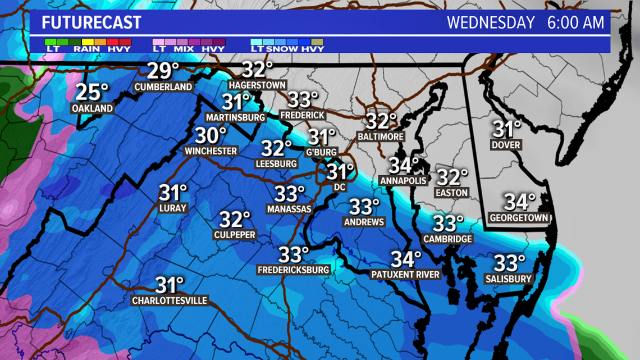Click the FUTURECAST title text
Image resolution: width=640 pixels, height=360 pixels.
pos(91,23)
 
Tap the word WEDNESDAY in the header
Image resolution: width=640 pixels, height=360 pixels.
pos(491,23)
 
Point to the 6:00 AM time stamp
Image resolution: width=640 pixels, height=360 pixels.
pos(575,23)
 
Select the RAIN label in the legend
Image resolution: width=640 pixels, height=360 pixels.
pos(86,49)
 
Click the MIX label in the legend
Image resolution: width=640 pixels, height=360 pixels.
pos(181,49)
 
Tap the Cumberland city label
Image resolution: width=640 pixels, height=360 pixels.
pos(163,87)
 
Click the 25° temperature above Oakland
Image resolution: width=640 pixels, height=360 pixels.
pos(92,92)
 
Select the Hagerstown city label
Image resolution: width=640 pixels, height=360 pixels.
pos(257,85)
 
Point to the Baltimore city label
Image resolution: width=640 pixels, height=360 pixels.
pos(381,136)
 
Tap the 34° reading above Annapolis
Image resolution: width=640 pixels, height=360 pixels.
pos(404,166)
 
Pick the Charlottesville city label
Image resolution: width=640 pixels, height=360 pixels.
pos(170,301)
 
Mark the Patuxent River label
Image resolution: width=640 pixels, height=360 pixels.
pos(405,275)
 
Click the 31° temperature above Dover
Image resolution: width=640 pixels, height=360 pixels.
pos(506,129)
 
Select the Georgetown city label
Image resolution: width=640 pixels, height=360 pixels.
pos(519,217)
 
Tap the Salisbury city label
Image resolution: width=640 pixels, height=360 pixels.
pos(509,279)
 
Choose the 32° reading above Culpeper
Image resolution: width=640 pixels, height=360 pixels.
pos(235,219)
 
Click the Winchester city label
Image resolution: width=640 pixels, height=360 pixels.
pos(211,151)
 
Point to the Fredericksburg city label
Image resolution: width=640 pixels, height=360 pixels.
pos(294,270)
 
